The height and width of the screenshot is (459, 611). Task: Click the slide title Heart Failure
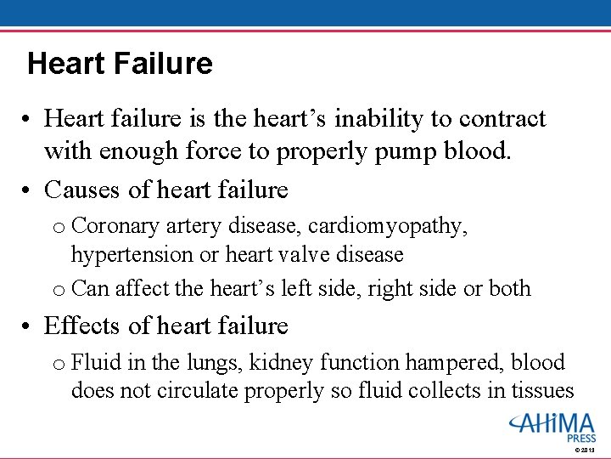(120, 64)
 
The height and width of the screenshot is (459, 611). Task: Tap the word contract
(504, 119)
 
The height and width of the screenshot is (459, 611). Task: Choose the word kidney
(283, 363)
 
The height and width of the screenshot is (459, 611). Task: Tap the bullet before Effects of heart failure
(28, 326)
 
